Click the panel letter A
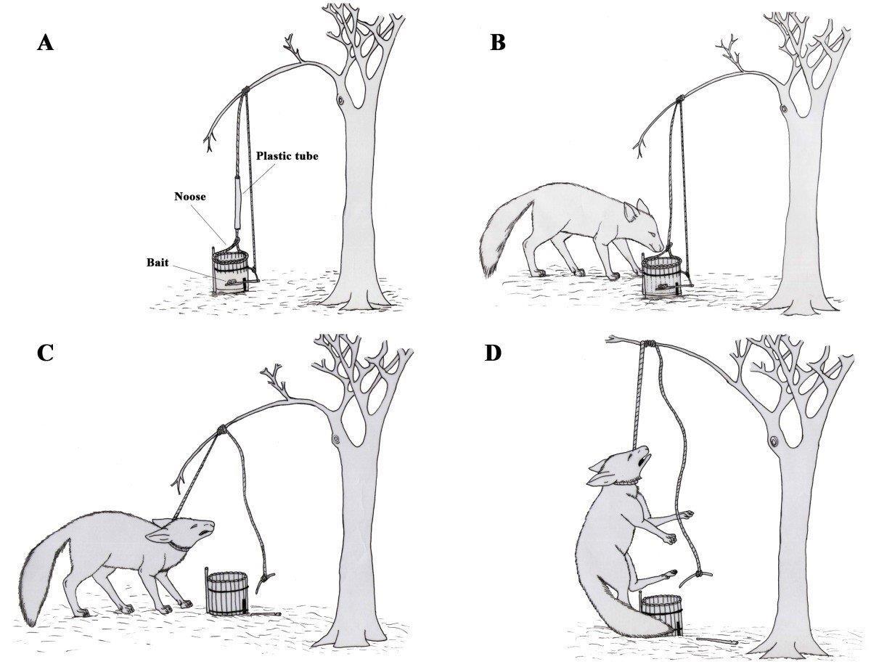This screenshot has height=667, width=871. [45, 42]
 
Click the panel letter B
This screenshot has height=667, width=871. [498, 42]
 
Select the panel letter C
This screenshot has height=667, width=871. [45, 353]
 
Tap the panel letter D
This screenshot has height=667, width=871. [493, 353]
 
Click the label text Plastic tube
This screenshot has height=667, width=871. [287, 156]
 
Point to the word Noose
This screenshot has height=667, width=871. [190, 197]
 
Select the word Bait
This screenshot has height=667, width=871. [158, 263]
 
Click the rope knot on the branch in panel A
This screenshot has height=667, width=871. [245, 91]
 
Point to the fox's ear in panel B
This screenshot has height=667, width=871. [630, 213]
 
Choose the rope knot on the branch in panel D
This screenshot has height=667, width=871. [649, 344]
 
